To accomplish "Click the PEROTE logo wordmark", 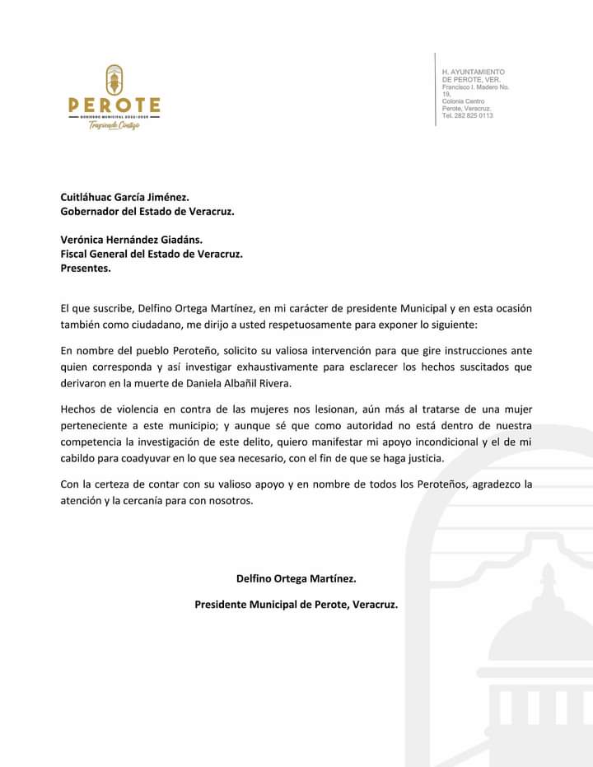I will click(114, 105).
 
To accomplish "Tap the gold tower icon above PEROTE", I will click(114, 80).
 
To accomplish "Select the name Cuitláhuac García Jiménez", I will click(125, 197).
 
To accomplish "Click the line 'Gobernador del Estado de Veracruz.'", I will click(147, 211).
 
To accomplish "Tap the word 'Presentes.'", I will click(86, 268).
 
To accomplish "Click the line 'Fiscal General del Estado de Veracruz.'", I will click(152, 254).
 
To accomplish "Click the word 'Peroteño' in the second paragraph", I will click(192, 348).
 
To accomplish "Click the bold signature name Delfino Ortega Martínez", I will click(296, 578).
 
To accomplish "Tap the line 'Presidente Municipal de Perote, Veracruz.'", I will click(296, 604).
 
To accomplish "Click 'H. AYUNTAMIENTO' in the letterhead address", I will click(474, 72).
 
